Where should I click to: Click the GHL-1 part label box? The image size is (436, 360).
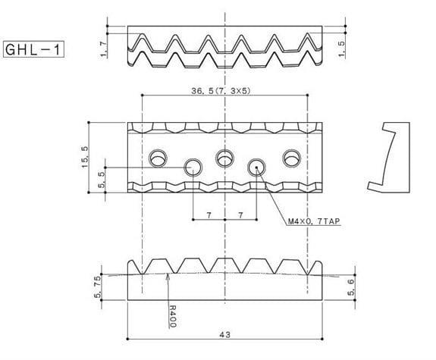point(33,50)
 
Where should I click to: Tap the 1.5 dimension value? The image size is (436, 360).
point(343,49)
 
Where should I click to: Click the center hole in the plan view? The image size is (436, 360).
point(225,158)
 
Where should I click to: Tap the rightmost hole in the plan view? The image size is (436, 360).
point(291,158)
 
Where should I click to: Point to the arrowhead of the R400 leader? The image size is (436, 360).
point(168,276)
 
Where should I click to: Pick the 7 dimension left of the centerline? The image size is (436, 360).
point(209,216)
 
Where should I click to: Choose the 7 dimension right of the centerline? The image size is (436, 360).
point(242,216)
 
